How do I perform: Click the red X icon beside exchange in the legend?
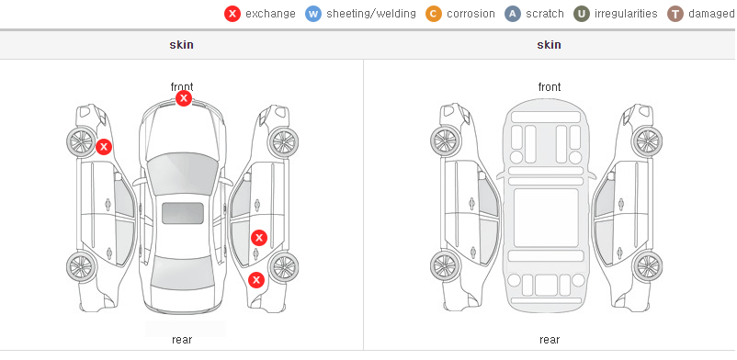click(232, 14)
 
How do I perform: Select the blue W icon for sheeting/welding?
click(313, 14)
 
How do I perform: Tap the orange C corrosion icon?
click(434, 14)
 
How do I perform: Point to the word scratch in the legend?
click(545, 14)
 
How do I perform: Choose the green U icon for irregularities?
click(582, 14)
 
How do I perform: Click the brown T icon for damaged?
click(675, 14)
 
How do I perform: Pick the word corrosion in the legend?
click(471, 14)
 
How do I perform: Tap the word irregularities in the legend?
click(626, 14)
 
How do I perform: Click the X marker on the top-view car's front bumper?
click(184, 98)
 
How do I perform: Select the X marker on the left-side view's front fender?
click(104, 147)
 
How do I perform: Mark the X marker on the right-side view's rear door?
click(259, 238)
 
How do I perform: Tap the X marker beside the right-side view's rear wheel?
click(256, 280)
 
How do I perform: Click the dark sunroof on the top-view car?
click(183, 213)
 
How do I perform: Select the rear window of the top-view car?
click(182, 275)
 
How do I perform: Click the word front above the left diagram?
click(182, 86)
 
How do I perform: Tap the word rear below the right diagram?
click(550, 339)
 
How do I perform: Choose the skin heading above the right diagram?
click(549, 45)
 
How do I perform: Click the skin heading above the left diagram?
click(181, 45)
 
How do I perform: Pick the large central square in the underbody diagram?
click(546, 218)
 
